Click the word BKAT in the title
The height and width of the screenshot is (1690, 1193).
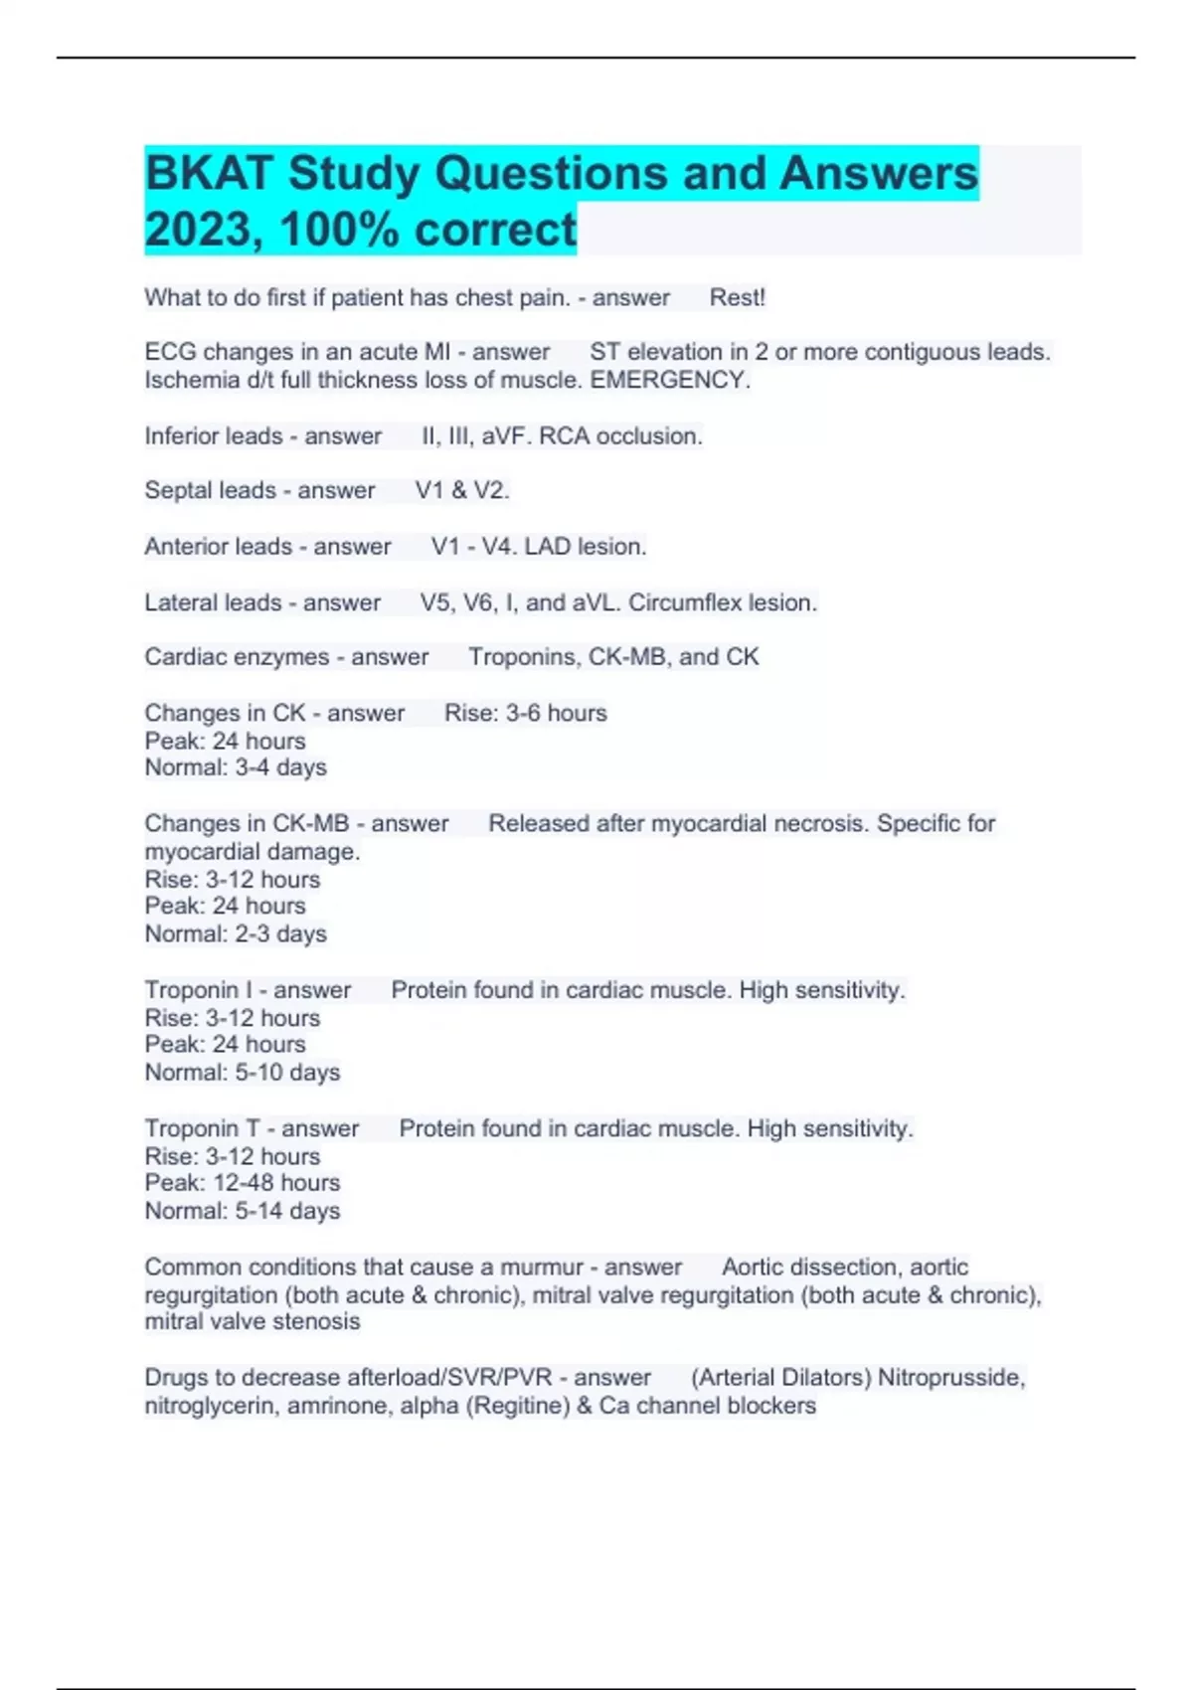click(209, 174)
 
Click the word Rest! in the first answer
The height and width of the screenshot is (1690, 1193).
click(737, 297)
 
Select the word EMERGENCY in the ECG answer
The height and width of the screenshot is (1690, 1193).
click(669, 380)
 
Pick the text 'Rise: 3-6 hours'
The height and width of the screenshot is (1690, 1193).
click(525, 713)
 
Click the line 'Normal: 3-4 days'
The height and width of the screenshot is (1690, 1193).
click(236, 767)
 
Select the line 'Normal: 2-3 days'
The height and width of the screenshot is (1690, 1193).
click(236, 933)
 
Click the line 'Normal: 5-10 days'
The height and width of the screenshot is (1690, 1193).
click(243, 1073)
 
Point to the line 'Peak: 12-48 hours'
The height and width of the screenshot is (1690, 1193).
click(243, 1183)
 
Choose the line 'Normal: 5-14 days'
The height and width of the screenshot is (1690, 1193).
click(243, 1211)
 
